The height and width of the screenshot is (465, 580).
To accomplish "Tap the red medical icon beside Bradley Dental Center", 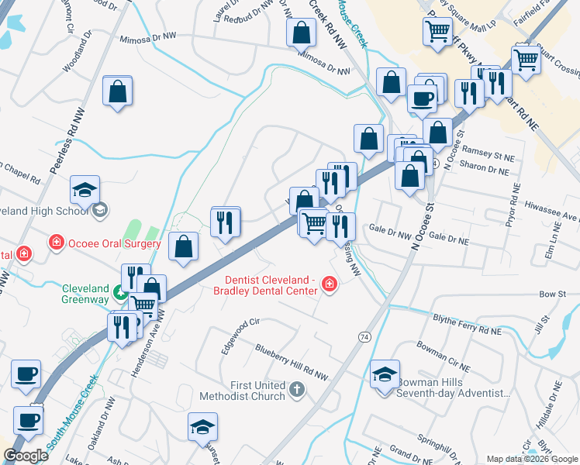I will pyautogui.click(x=330, y=286).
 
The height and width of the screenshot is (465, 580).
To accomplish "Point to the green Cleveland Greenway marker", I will pyautogui.click(x=120, y=293).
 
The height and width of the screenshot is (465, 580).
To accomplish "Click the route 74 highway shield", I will pyautogui.click(x=364, y=337).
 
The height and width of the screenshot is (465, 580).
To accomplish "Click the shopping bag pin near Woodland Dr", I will pyautogui.click(x=117, y=91).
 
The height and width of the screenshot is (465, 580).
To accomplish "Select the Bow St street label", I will pyautogui.click(x=548, y=294).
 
